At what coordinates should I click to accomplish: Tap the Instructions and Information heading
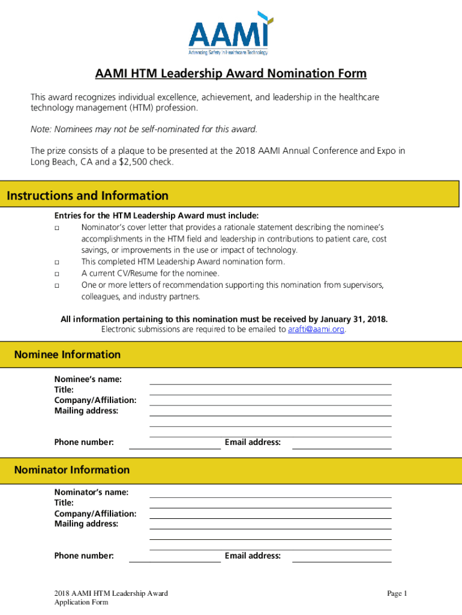tap(88, 196)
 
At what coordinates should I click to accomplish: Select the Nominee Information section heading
tap(67, 355)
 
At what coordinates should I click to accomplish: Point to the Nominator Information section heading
tap(71, 470)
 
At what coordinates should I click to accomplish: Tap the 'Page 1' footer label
tap(397, 593)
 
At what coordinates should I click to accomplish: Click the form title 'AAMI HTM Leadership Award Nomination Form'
tap(230, 74)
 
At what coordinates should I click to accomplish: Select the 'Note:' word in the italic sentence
tap(41, 129)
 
